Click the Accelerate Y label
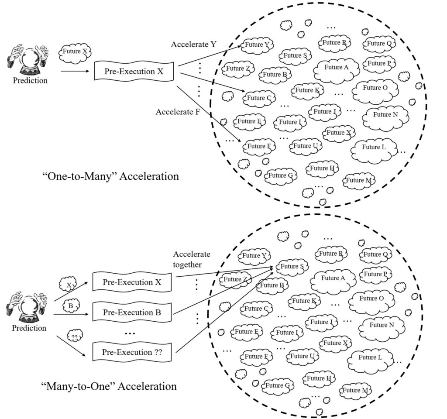pyautogui.click(x=193, y=45)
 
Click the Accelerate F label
pyautogui.click(x=178, y=112)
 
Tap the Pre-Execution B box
pyautogui.click(x=132, y=313)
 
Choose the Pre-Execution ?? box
pyautogui.click(x=132, y=352)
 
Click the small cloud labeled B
pyautogui.click(x=71, y=306)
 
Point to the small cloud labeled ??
pyautogui.click(x=75, y=337)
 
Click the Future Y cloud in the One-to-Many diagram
pyautogui.click(x=258, y=45)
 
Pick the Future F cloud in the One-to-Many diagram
pyautogui.click(x=259, y=146)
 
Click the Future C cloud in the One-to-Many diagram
pyautogui.click(x=259, y=98)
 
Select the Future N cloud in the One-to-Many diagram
pyautogui.click(x=385, y=115)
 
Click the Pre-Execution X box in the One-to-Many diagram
pyautogui.click(x=134, y=71)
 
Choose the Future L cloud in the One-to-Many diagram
pyautogui.click(x=374, y=148)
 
